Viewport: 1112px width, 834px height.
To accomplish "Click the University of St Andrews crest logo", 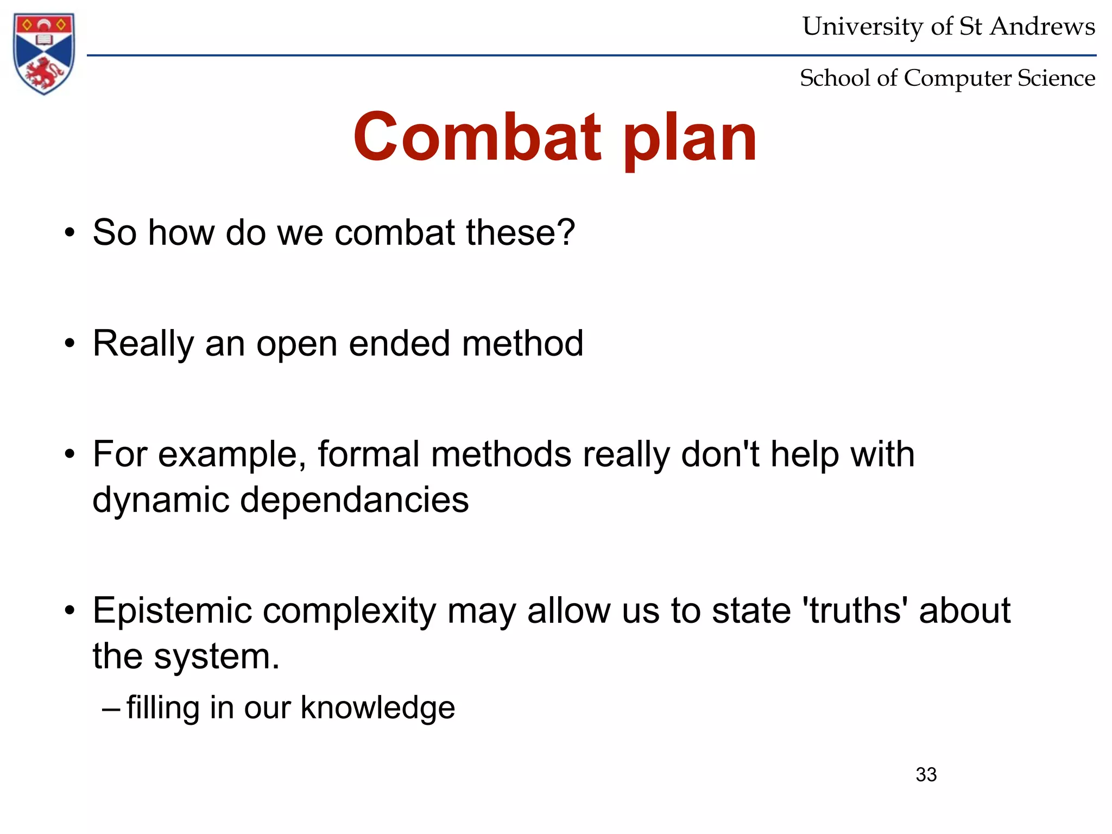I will [44, 53].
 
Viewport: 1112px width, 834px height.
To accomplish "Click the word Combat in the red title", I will [477, 137].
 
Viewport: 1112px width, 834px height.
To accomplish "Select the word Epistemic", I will [172, 611].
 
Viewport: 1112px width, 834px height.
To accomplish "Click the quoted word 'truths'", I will [855, 610].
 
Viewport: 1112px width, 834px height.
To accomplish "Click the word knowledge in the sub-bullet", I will [377, 707].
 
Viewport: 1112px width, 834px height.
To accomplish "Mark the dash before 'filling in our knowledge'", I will [111, 709].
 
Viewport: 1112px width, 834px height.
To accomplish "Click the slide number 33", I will [926, 774].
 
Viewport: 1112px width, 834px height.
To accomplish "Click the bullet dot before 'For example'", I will [69, 454].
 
